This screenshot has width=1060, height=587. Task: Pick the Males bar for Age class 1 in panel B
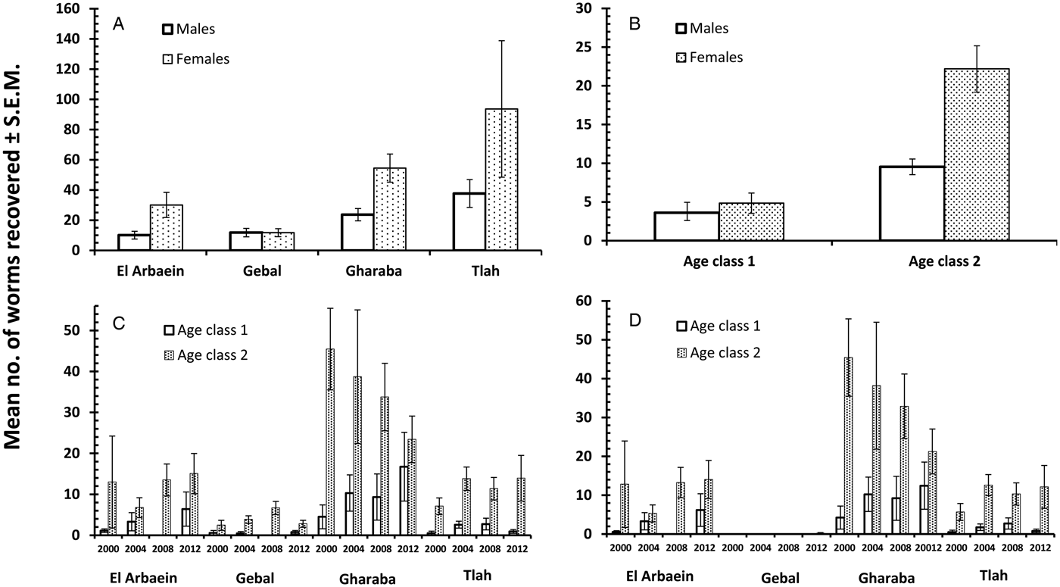(x=686, y=226)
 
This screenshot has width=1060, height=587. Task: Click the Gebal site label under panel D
(x=779, y=577)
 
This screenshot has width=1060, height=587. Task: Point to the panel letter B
(x=635, y=24)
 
